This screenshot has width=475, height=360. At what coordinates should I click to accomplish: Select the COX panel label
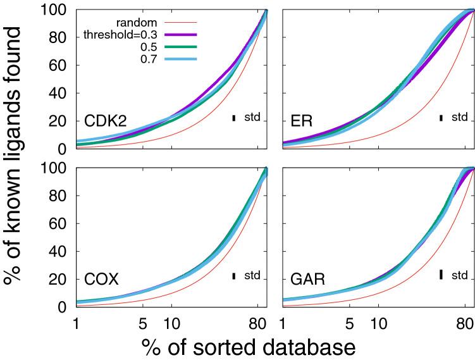[102, 279]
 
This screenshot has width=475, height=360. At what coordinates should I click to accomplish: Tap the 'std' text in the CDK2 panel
[252, 117]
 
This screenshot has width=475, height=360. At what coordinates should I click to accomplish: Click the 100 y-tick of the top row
[55, 10]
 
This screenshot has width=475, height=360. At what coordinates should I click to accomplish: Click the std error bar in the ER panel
[441, 117]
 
